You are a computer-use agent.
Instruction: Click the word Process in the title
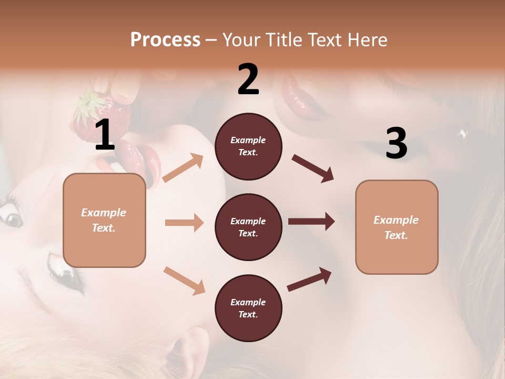point(165,40)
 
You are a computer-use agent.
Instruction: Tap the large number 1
point(105,136)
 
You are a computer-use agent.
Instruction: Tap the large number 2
point(248,79)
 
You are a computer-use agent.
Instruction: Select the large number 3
point(396,144)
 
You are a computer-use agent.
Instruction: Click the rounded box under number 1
point(104,220)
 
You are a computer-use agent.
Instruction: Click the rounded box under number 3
point(397,227)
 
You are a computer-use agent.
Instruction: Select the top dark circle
point(248,146)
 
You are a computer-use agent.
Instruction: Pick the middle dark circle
point(248,227)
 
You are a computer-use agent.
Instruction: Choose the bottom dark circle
point(248,308)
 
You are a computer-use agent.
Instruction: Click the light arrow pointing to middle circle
point(184,223)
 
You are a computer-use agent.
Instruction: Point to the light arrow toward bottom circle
point(184,281)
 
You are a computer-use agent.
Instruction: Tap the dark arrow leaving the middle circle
point(311,222)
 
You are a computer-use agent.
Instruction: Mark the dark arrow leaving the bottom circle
point(309,279)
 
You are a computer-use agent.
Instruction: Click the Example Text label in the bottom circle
point(248,308)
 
